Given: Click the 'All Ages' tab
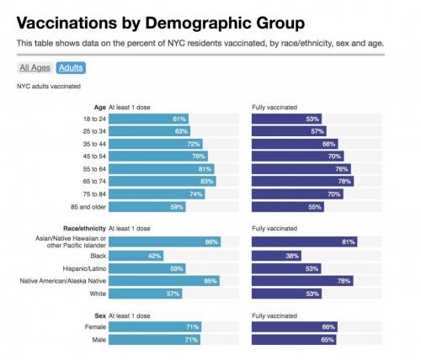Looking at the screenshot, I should pos(35,68).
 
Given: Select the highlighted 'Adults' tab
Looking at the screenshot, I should pos(71,68).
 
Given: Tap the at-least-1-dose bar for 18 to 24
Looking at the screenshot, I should pos(148,119).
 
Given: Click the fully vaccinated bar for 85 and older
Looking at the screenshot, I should pos(288,206).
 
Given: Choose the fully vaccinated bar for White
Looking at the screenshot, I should pos(287,293).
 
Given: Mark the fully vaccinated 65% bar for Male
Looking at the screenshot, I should pos(295,339).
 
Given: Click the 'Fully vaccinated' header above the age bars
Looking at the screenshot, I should pos(275,107).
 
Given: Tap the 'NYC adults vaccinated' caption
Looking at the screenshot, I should pos(48,87).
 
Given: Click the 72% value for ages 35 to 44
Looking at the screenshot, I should pos(194,144).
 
